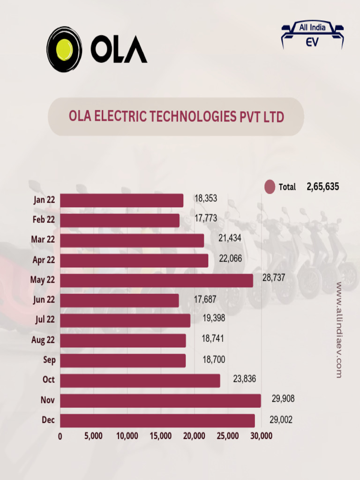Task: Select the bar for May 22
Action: pyautogui.click(x=157, y=280)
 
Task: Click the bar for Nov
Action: pyautogui.click(x=160, y=401)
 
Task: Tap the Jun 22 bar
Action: pyautogui.click(x=120, y=300)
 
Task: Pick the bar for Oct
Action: pyautogui.click(x=140, y=381)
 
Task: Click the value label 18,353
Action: pyautogui.click(x=206, y=199)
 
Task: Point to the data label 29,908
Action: pyautogui.click(x=283, y=399)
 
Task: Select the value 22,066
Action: pyautogui.click(x=231, y=258)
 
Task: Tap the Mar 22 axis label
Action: pyautogui.click(x=43, y=240)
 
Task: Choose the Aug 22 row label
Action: pyautogui.click(x=43, y=340)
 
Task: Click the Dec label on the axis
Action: pyautogui.click(x=48, y=420)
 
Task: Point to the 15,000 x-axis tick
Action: pyautogui.click(x=161, y=436)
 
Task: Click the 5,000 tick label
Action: pyautogui.click(x=94, y=436)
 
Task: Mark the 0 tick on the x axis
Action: pyautogui.click(x=60, y=436)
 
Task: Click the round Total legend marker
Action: pyautogui.click(x=270, y=187)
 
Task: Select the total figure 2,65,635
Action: pyautogui.click(x=323, y=187)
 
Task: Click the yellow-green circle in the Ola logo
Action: pyautogui.click(x=64, y=49)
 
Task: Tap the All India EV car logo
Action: pyautogui.click(x=312, y=35)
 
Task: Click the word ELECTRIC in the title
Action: pyautogui.click(x=122, y=116)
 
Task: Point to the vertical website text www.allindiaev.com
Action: pyautogui.click(x=339, y=330)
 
